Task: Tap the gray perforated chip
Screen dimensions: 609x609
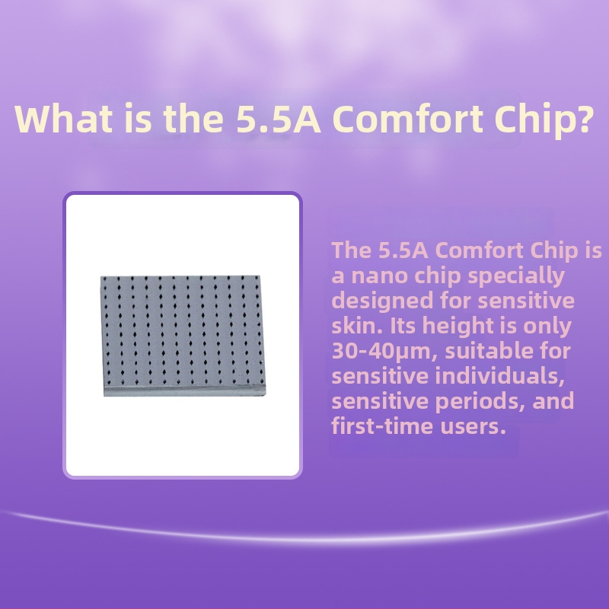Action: (183, 336)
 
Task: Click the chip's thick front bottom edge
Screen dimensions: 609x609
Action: (185, 391)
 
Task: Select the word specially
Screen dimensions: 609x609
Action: (516, 276)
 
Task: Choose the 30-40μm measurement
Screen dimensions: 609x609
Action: (385, 352)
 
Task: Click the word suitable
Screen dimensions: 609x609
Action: (489, 351)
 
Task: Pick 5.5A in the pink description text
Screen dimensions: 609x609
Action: (403, 250)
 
